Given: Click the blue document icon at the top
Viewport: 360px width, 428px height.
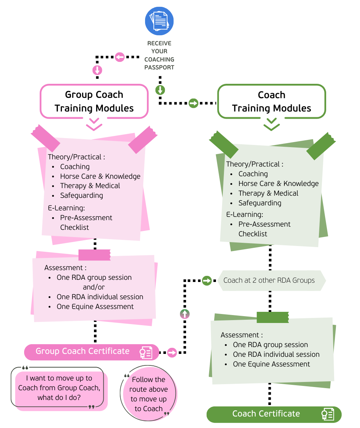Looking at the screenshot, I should coord(159,21).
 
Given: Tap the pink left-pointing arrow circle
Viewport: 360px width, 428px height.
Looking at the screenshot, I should coord(120,57).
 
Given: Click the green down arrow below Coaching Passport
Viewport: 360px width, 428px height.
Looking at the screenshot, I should coord(160,90).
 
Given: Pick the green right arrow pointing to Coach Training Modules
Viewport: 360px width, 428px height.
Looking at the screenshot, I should coord(194,104).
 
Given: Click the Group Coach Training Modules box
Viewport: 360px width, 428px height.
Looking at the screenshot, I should coord(94,101).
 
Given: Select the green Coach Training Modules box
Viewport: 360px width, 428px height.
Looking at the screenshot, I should coord(271,101).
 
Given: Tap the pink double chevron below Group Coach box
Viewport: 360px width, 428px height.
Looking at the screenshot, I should coord(94,124).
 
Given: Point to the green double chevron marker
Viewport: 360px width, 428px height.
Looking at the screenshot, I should coord(271,124).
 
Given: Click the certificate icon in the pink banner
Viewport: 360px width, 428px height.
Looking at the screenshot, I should coord(146,352).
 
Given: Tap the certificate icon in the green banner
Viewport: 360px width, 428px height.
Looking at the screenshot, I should coord(328,414).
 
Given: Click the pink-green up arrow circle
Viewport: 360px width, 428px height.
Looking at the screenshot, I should coord(185,314).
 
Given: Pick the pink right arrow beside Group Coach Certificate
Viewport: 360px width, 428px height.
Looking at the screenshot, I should coord(172,352).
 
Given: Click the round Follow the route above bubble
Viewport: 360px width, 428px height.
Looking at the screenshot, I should coord(148,394).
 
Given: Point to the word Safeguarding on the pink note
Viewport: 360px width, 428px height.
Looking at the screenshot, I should coord(81,196).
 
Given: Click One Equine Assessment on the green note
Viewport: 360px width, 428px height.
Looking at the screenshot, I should coord(271,364).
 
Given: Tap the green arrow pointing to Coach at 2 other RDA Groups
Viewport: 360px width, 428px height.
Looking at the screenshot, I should coord(207,280).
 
